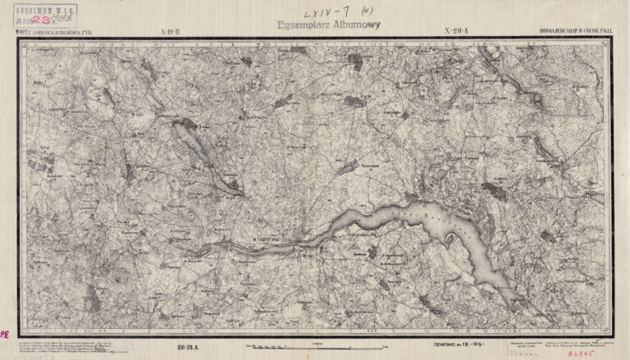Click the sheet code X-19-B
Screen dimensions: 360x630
pyautogui.click(x=169, y=32)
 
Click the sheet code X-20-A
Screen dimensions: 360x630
pyautogui.click(x=454, y=32)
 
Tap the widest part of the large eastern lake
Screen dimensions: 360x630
pyautogui.click(x=443, y=217)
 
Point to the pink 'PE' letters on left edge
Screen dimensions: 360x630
pyautogui.click(x=4, y=335)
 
